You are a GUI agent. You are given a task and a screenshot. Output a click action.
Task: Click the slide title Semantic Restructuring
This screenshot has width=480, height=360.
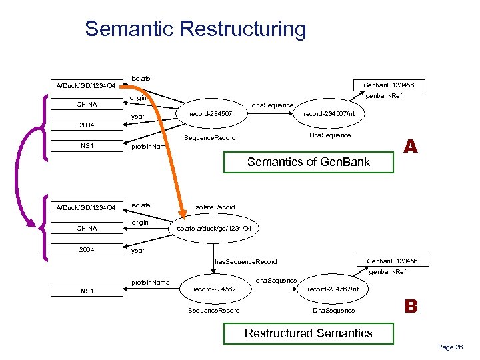click(195, 29)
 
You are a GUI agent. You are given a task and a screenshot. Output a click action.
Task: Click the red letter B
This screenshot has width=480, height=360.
click(411, 307)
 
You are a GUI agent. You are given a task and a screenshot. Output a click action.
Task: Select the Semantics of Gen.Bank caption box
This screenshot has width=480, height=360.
click(308, 161)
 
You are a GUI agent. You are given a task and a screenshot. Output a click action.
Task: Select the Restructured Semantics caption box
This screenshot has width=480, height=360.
click(308, 333)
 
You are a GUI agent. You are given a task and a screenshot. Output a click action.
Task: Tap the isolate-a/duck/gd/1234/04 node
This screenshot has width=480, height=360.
click(213, 229)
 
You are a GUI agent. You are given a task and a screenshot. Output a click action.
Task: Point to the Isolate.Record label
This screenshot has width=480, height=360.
click(214, 207)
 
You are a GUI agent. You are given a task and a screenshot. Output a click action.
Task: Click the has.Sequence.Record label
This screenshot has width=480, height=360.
click(246, 261)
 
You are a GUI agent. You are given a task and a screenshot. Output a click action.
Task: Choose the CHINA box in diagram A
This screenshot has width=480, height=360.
click(86, 105)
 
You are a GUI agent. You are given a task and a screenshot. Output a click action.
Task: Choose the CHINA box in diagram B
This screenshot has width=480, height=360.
click(86, 229)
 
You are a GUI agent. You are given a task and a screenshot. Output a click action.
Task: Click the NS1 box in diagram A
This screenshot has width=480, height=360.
click(86, 145)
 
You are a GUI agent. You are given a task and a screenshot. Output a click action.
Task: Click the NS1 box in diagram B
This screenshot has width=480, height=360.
click(86, 291)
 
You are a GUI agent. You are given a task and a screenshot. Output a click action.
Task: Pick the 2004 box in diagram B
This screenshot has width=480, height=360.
click(86, 250)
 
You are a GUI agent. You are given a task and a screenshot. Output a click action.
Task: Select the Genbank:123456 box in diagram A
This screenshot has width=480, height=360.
click(389, 85)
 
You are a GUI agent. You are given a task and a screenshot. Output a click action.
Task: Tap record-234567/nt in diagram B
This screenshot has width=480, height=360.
click(333, 289)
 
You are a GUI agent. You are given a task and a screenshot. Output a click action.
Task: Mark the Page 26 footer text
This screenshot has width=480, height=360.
click(450, 347)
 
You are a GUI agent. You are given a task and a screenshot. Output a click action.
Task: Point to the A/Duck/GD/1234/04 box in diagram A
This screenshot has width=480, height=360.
click(86, 85)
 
